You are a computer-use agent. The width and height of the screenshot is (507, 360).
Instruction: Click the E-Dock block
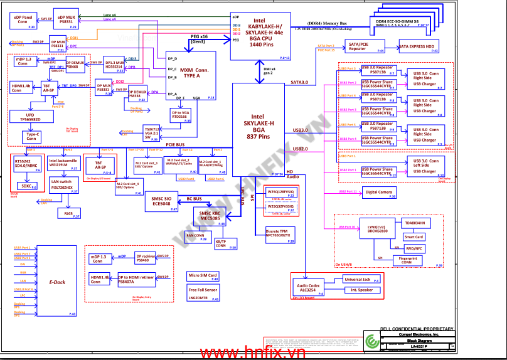point(57,282)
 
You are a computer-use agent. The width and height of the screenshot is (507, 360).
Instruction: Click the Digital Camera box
point(380,193)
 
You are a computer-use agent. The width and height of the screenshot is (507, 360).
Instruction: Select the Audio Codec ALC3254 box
point(309,288)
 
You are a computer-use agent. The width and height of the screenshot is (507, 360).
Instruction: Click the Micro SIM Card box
point(203,277)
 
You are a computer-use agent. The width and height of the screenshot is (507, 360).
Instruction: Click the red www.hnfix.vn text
point(253,352)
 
